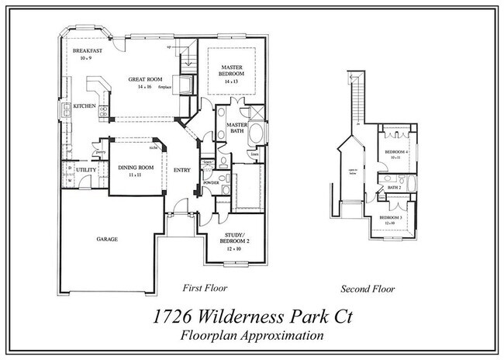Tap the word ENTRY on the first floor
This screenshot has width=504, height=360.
(x=182, y=171)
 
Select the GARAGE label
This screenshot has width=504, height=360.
(x=107, y=239)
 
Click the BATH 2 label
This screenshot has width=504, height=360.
(x=393, y=186)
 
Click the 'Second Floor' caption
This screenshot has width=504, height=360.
(x=368, y=289)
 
